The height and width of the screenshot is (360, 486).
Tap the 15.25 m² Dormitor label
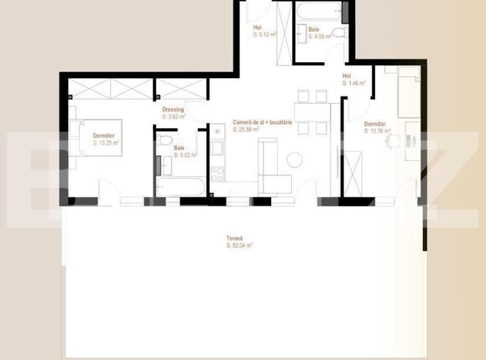tap(106, 139)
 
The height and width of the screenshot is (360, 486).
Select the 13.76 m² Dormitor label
tap(374, 128)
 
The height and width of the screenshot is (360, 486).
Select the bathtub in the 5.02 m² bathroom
tap(177, 185)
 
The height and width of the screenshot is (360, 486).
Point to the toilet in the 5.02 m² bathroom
tap(165, 140)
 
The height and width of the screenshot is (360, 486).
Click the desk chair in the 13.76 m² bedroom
tap(389, 143)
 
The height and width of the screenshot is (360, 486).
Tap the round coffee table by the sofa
tap(294, 158)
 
